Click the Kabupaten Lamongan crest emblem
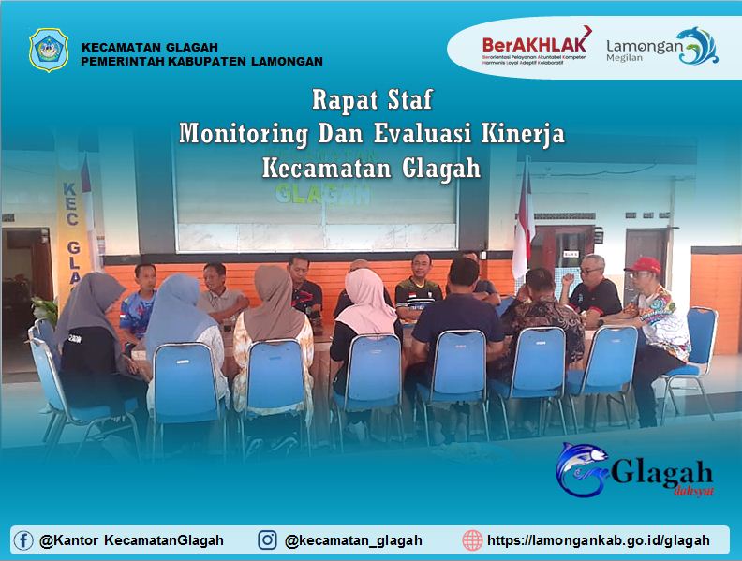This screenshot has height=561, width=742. (x=48, y=50)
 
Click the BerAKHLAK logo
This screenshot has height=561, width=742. (x=535, y=45)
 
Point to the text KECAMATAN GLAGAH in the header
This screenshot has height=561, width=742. (x=150, y=48)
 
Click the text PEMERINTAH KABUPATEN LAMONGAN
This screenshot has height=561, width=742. (x=201, y=62)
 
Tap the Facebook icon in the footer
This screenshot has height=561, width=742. (x=23, y=540)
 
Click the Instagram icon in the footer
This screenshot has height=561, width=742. (x=268, y=540)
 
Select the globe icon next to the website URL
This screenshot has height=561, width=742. (x=472, y=540)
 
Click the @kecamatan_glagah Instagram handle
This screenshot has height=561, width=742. (x=353, y=540)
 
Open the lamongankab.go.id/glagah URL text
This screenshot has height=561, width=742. (x=599, y=540)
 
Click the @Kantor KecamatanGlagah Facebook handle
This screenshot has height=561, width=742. (x=131, y=540)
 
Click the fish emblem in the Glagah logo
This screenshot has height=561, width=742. (x=582, y=468)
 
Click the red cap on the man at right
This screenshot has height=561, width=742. (x=644, y=265)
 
